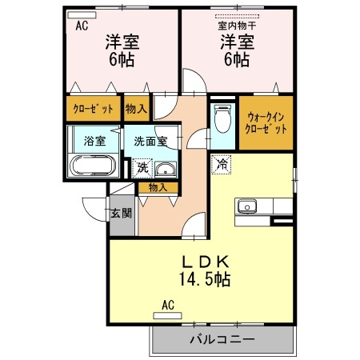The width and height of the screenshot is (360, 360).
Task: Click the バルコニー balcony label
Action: pos(222,339)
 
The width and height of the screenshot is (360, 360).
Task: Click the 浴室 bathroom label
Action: pos(95,141)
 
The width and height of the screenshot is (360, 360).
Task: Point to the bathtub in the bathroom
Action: pos(95,166)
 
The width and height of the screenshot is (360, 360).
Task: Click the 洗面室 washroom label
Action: pos(151,141)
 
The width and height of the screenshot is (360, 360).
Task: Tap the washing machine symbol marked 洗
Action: pos(142,168)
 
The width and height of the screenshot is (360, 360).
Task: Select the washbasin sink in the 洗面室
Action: pos(165,168)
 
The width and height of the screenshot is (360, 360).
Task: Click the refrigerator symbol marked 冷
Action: pos(222,164)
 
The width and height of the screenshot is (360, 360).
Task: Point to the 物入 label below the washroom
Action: pos(157,187)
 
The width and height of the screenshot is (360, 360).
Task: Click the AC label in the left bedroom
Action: pos(82,25)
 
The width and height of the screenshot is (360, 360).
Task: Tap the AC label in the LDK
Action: pos(168,305)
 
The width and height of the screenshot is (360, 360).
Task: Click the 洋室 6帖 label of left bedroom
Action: pos(121,50)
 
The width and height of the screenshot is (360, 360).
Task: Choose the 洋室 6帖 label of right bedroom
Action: pos(236,50)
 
